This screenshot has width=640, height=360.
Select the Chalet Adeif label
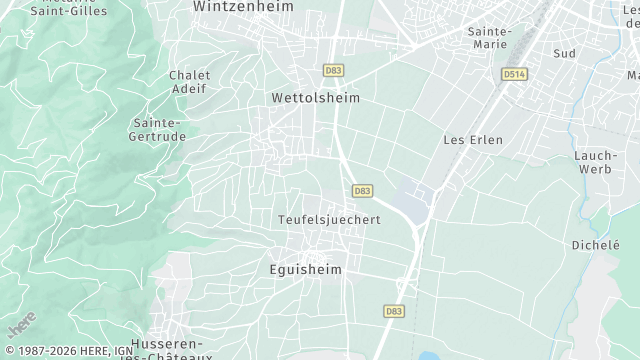click(x=188, y=81)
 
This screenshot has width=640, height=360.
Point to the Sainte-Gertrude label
click(x=157, y=129)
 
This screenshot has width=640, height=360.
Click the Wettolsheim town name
click(x=315, y=99)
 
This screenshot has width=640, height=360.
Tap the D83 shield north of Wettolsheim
click(x=333, y=70)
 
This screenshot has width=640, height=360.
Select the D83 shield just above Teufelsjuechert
click(x=362, y=190)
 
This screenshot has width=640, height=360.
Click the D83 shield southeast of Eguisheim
click(x=393, y=312)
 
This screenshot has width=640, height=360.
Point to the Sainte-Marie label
click(x=490, y=37)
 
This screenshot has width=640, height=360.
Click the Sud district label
click(x=564, y=53)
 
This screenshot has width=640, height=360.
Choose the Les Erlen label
click(x=473, y=140)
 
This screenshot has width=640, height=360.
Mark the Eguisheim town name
click(x=306, y=270)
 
